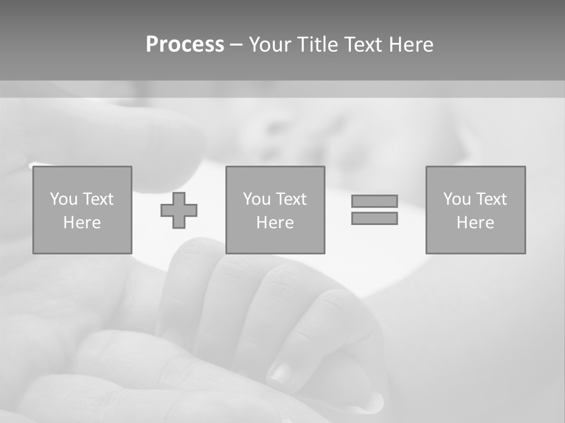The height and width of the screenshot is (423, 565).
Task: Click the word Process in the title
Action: click(185, 45)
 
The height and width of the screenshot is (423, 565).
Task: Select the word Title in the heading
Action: click(318, 45)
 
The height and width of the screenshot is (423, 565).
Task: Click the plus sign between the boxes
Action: click(179, 210)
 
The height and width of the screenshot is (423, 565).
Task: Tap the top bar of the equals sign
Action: click(374, 201)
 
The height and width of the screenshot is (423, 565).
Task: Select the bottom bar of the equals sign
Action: click(374, 218)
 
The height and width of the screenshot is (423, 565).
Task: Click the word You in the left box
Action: click(64, 199)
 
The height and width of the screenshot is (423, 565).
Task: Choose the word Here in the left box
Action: click(82, 223)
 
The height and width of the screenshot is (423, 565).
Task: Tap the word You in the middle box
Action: click(257, 199)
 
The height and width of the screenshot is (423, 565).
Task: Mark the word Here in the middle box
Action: click(275, 223)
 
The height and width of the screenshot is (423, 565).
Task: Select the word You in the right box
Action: click(457, 199)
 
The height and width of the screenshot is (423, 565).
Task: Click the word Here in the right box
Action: click(475, 223)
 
